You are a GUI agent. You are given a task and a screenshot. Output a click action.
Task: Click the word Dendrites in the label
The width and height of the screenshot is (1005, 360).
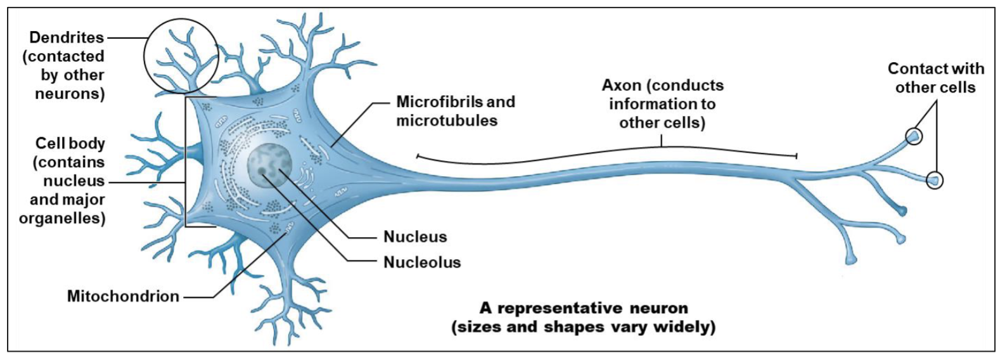coord(67,38)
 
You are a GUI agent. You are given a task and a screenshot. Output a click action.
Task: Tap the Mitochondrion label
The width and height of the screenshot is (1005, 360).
coord(123,296)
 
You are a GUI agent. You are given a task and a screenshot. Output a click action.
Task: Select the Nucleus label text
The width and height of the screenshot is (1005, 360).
coord(415,237)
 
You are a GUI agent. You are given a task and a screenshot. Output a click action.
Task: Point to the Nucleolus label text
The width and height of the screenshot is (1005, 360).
coord(422,262)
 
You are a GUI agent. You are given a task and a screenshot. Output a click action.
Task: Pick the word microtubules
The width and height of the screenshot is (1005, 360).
coord(447,120)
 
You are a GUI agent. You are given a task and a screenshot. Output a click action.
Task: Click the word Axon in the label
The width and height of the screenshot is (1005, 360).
coord(620,85)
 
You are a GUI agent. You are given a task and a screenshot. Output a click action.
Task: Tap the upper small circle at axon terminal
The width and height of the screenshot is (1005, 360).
coord(913,136)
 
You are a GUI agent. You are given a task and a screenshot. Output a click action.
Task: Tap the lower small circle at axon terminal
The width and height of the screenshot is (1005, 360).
coord(934,181)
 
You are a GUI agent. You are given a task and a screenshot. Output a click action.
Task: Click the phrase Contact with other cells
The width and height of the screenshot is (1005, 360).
coord(935,77)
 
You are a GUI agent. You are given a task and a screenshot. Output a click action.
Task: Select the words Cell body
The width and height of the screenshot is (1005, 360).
coord(70,143)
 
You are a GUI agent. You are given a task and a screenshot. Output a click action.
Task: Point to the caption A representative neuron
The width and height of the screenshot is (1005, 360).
coord(583,309)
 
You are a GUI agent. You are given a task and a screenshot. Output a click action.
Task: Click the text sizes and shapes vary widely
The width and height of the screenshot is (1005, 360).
coord(583,327)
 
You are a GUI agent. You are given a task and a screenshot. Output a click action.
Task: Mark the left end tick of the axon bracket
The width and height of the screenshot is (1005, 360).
coord(416,155)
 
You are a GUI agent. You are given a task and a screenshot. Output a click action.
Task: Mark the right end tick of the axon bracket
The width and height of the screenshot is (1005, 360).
coord(797,155)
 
